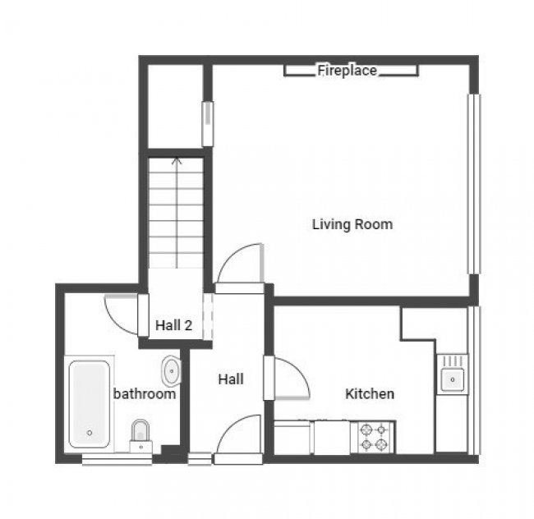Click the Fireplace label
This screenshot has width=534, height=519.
click(x=347, y=71)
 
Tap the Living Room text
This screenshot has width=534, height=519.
click(x=352, y=224)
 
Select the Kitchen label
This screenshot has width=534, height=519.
click(x=369, y=394)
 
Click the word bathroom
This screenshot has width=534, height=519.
click(x=144, y=394)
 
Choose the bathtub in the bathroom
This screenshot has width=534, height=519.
click(x=90, y=403)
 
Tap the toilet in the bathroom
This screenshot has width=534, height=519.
click(x=140, y=434)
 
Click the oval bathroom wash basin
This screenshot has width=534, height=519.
click(x=171, y=372)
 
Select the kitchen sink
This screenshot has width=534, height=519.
click(x=451, y=379)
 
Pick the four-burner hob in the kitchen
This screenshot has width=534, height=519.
click(x=373, y=437)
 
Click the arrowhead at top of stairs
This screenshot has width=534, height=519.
click(x=176, y=160)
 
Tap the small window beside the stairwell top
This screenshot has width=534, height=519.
click(x=207, y=124)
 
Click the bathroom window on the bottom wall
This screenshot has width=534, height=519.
click(x=105, y=460)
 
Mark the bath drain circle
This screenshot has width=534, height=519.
click(x=90, y=433)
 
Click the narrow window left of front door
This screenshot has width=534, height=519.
click(x=199, y=460)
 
